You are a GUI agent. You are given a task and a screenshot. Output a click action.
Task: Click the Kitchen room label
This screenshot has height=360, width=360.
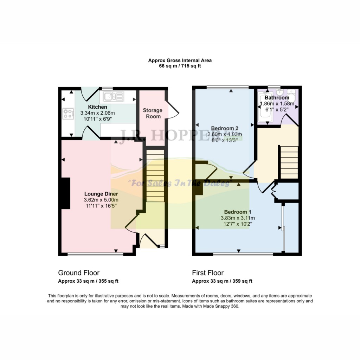pyautogui.click(x=97, y=107)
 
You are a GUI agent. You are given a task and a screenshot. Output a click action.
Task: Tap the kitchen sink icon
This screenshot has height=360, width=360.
pyautogui.click(x=113, y=96)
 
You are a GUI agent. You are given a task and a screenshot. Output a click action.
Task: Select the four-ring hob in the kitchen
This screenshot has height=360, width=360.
pyautogui.click(x=67, y=113)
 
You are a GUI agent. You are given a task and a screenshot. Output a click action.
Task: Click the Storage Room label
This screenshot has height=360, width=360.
pyautogui.click(x=152, y=113)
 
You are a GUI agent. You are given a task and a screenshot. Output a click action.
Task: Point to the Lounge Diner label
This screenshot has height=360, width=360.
pyautogui.click(x=101, y=194)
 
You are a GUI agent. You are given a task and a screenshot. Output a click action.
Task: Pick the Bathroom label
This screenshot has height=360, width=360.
pyautogui.click(x=277, y=98)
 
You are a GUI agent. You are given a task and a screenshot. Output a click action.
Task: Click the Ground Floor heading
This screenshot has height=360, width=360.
pyautogui.click(x=79, y=273)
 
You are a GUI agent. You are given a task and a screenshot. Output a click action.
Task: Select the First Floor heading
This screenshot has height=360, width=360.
pyautogui.click(x=208, y=273)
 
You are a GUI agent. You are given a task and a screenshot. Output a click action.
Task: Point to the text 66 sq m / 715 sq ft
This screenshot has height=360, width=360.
pyautogui.click(x=180, y=66)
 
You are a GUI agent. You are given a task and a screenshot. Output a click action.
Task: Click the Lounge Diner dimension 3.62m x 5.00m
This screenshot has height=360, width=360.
pyautogui.click(x=101, y=200)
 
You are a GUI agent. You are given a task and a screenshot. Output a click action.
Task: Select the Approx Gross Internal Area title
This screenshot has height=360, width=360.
pyautogui.click(x=180, y=60)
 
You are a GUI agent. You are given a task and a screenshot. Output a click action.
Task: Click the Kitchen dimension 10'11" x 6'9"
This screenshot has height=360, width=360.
pyautogui.click(x=97, y=119)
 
